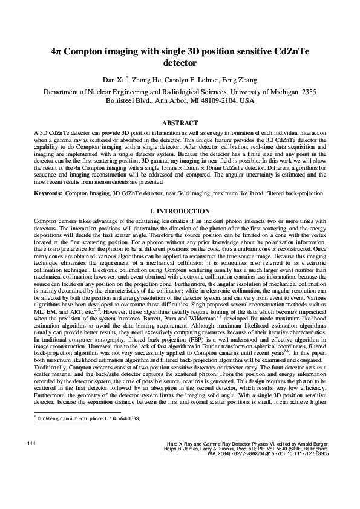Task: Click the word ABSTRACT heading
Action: [180, 123]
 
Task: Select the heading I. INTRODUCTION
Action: [180, 211]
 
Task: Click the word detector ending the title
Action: [180, 63]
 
